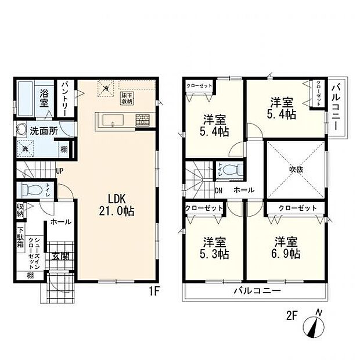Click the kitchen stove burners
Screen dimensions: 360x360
pyautogui.click(x=142, y=121)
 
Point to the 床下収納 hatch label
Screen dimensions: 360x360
pyautogui.click(x=127, y=98)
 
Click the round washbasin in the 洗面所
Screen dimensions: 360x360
pyautogui.click(x=21, y=131)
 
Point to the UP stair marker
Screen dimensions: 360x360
pyautogui.click(x=59, y=171)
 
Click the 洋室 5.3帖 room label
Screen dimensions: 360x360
pyautogui.click(x=215, y=248)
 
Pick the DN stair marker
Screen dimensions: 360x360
pyautogui.click(x=219, y=190)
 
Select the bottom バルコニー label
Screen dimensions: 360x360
pyautogui.click(x=257, y=290)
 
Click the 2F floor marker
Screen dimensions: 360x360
pyautogui.click(x=291, y=316)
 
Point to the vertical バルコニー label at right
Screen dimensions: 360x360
pyautogui.click(x=336, y=107)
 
